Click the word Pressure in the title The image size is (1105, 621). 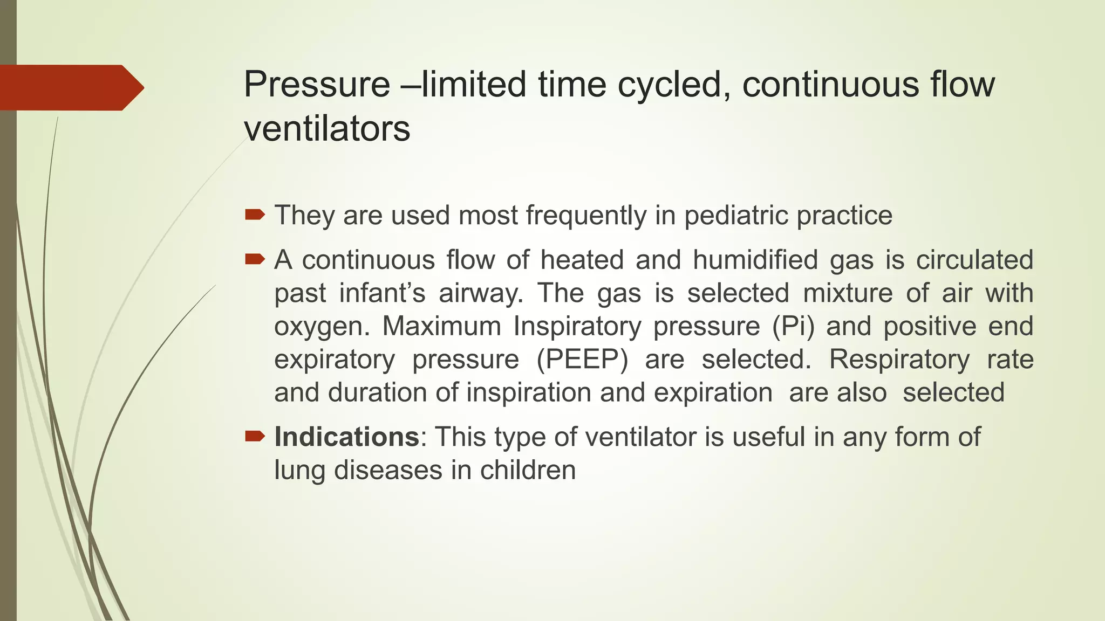click(317, 85)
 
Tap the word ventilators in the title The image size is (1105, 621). click(327, 129)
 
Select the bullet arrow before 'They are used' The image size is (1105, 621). click(255, 215)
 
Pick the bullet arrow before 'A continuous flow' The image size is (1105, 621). click(255, 260)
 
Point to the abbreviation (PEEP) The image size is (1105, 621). click(582, 360)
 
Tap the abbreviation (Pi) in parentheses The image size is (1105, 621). click(793, 326)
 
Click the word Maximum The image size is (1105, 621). click(442, 326)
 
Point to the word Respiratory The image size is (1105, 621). click(899, 360)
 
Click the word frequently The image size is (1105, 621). click(586, 216)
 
